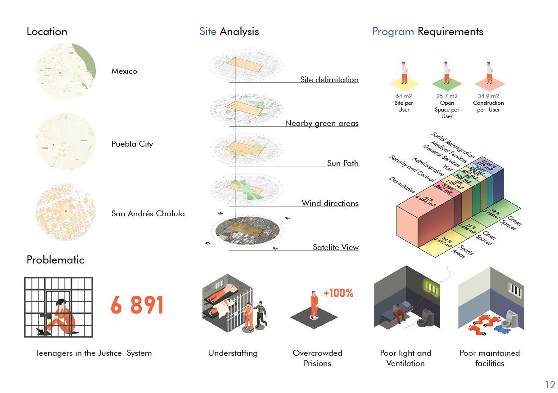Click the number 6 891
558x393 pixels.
coord(137,305)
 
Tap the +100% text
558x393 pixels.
coord(338,293)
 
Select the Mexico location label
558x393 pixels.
coord(124,71)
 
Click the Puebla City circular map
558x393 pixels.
coord(66,141)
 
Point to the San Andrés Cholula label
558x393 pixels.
coord(148,214)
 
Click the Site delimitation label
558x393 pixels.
coord(329,80)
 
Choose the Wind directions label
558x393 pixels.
coord(330,203)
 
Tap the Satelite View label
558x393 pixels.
coord(335,247)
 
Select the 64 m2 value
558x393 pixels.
coord(404,96)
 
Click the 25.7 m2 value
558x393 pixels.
coord(446,96)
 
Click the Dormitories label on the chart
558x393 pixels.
coord(402,185)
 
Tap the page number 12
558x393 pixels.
coord(550,384)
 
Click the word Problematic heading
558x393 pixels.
coord(55,259)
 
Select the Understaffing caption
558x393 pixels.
coord(233,353)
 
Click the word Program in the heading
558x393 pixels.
coord(393,31)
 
